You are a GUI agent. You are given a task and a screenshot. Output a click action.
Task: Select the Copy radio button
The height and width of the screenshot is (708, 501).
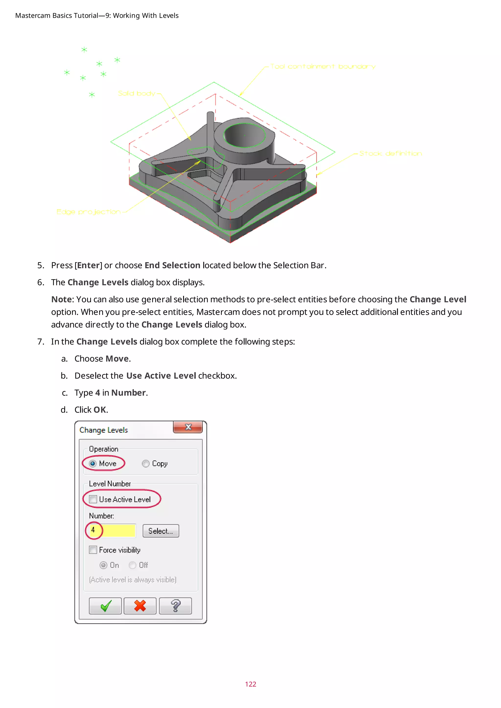146,464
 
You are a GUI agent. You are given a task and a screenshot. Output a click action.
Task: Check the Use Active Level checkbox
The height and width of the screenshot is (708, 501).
93,499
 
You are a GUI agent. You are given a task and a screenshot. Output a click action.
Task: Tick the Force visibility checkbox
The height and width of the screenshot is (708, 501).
93,550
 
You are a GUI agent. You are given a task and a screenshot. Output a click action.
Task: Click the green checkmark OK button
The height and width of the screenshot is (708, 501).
105,606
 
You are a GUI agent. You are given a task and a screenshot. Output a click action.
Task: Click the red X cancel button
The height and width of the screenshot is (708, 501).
140,606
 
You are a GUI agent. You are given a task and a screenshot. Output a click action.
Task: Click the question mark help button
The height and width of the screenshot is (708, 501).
175,606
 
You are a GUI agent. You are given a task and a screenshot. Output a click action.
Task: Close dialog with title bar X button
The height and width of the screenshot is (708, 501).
188,427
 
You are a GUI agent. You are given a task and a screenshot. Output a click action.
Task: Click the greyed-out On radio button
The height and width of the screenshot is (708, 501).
103,565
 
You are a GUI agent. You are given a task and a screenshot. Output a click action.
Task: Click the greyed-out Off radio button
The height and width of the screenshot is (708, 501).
133,565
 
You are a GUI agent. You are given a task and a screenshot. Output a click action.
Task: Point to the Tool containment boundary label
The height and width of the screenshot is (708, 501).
323,66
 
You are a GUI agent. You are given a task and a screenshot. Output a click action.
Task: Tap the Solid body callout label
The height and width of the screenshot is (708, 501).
137,93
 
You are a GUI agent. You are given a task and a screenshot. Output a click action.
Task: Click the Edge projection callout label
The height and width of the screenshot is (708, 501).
88,211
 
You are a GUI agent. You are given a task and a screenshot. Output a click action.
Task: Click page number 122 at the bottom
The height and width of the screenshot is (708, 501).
250,684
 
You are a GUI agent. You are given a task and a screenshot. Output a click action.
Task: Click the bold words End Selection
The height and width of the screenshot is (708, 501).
172,265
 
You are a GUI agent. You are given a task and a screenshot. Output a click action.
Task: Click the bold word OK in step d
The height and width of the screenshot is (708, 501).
100,409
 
